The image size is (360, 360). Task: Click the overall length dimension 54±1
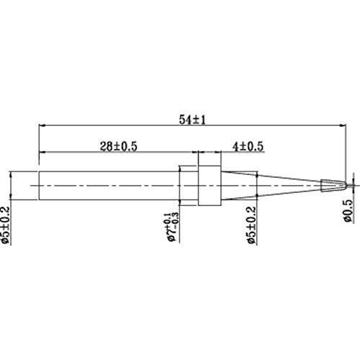coord(192,120)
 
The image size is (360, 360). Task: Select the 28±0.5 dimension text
coord(119,146)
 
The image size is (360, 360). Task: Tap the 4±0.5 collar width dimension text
coord(248,146)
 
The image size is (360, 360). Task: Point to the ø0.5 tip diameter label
coord(348,211)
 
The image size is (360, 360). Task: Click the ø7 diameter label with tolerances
coord(173,227)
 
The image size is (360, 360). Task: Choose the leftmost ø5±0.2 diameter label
coord(5,225)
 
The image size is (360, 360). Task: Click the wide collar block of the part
coord(210,186)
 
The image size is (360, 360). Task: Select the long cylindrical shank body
coord(119,186)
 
